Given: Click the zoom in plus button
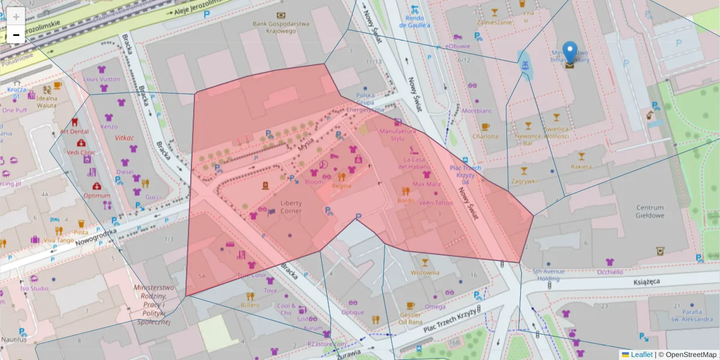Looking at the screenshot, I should (16, 16).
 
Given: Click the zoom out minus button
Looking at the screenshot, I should (16, 35).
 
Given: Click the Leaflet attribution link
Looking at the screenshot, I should (641, 355).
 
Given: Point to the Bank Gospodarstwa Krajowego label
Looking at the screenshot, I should (280, 27).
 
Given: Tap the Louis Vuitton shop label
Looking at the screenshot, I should (101, 79).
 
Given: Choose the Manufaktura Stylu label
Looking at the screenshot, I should (397, 134).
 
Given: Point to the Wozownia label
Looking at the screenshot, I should (425, 272).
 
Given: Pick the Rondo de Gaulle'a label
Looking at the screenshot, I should (415, 22).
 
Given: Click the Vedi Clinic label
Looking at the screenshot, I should (80, 152).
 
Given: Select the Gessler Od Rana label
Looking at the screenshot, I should (410, 318).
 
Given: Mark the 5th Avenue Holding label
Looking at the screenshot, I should (550, 274).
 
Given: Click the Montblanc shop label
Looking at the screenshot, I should (476, 111).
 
